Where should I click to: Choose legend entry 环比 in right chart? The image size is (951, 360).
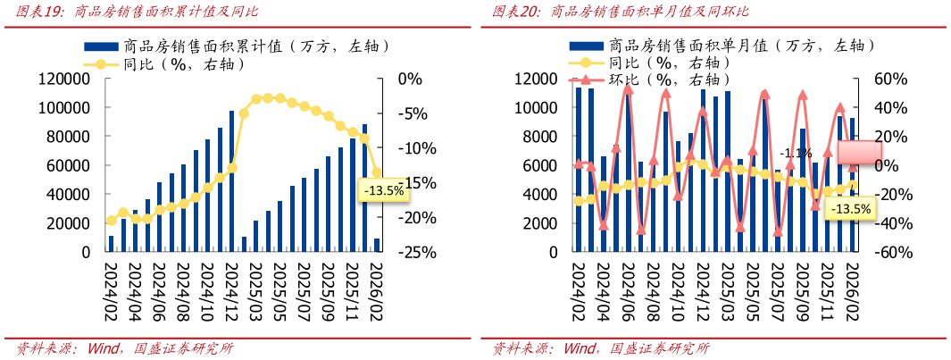tap(645, 80)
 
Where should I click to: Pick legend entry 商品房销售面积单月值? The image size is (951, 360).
tap(688, 45)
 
